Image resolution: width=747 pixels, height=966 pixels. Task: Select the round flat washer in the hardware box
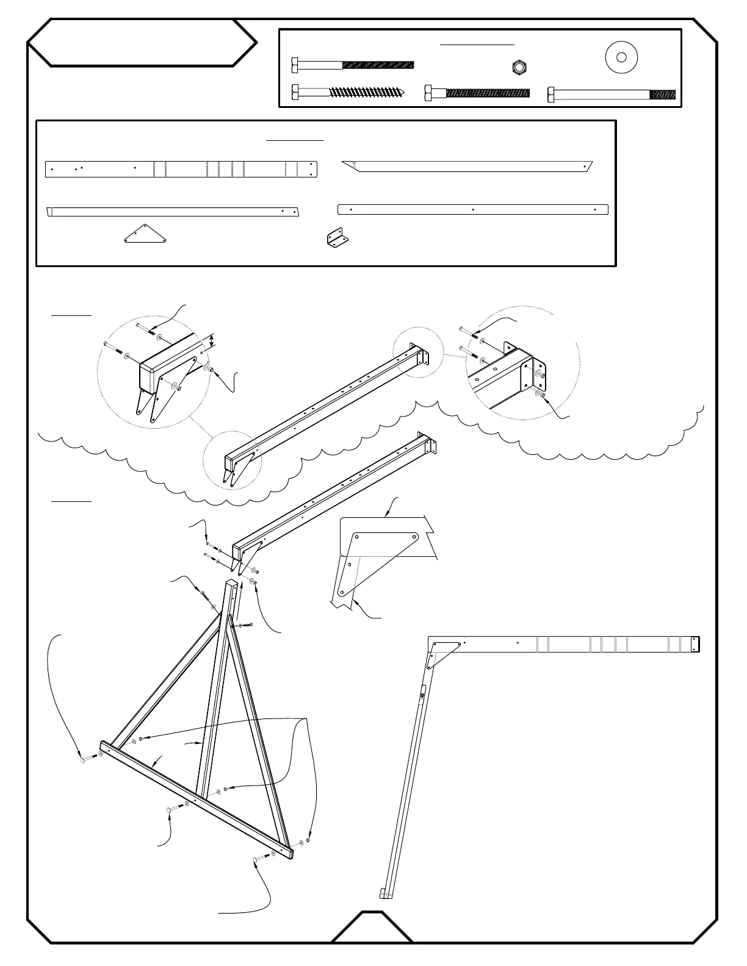(x=621, y=58)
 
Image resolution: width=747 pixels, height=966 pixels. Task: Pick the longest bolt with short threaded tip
(x=611, y=95)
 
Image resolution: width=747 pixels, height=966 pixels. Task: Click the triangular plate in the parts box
(x=145, y=235)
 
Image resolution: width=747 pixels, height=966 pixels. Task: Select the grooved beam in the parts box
(x=181, y=169)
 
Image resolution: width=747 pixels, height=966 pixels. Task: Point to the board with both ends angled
(x=467, y=166)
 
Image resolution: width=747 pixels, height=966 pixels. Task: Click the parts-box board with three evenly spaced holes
(x=473, y=209)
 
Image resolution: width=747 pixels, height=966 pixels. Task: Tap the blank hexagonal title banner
(x=142, y=43)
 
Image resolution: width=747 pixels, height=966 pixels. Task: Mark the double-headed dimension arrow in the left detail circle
(x=212, y=341)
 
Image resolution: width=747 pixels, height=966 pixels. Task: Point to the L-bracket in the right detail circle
(x=537, y=375)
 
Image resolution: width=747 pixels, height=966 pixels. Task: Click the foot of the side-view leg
(x=386, y=894)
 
